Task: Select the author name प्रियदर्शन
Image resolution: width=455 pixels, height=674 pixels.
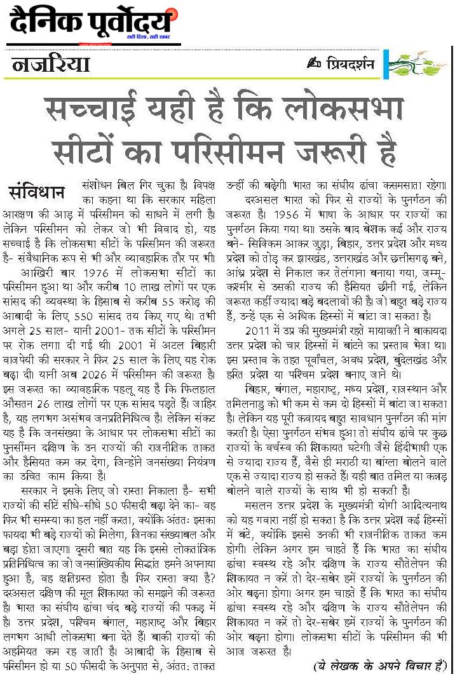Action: point(346,65)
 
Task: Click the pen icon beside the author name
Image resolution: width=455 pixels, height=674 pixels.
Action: point(312,64)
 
